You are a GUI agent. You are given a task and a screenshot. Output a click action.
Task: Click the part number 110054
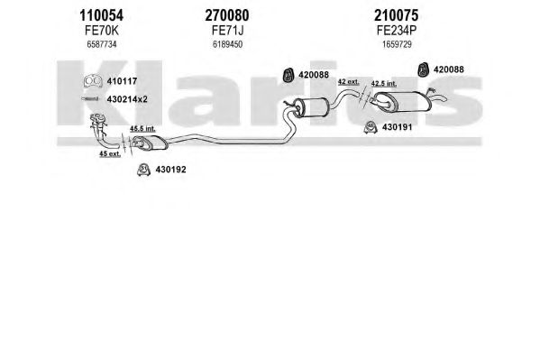(x=101, y=15)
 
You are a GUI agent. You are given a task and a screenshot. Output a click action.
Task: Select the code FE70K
(x=102, y=31)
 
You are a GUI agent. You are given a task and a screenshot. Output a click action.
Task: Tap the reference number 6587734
(x=102, y=44)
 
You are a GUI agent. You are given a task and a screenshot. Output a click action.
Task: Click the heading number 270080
(x=227, y=15)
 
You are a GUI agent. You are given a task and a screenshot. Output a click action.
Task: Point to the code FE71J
(x=227, y=31)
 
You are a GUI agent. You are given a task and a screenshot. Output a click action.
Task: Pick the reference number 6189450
(x=227, y=44)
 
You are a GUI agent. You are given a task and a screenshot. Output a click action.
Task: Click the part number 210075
(x=397, y=15)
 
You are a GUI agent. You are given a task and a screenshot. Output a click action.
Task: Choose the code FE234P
(x=397, y=31)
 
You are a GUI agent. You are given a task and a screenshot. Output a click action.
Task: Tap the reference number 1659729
(x=397, y=44)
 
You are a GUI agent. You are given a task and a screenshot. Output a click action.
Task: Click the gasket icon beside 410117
(x=93, y=80)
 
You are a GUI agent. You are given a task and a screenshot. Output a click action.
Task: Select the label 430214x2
(x=127, y=99)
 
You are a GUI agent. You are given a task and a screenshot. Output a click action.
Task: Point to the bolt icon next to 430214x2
(x=90, y=99)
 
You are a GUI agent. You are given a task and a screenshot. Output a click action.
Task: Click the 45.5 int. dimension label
(x=142, y=129)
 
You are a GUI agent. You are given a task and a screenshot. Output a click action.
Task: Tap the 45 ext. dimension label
(x=110, y=153)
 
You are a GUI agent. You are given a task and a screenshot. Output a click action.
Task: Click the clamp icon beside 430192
(x=143, y=170)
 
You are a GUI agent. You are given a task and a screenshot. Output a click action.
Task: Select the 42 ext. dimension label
(x=348, y=82)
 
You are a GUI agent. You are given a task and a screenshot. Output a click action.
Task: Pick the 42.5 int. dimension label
(x=384, y=83)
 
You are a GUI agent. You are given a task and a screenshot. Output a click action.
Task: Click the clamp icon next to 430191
(x=371, y=127)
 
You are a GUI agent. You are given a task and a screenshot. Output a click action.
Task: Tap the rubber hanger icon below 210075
(x=423, y=69)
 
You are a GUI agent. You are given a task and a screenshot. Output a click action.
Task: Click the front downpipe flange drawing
(x=98, y=119)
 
